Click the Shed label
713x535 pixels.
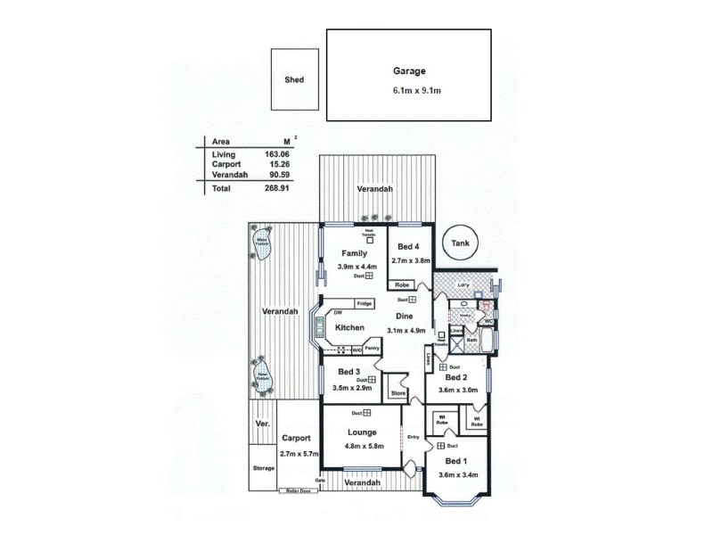point(294,79)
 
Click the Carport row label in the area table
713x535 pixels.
point(226,165)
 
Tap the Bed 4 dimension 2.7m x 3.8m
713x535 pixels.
point(411,260)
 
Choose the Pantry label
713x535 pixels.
point(373,348)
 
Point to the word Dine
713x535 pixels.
point(404,316)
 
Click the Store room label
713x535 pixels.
point(398,393)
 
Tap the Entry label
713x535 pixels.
point(413,437)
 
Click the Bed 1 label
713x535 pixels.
point(455,461)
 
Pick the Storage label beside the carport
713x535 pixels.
point(263,466)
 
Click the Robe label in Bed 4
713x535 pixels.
point(402,285)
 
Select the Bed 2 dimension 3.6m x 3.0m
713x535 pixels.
point(458,391)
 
